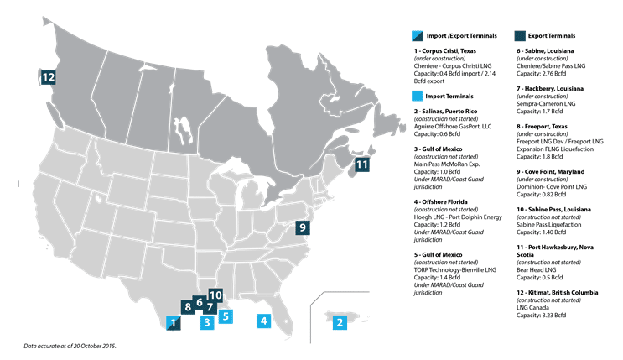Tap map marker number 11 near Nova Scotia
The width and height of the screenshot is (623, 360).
[361, 164]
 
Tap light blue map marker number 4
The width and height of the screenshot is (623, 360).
[263, 320]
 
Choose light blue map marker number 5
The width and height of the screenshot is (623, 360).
[225, 316]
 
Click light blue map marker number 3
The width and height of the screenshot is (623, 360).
[205, 322]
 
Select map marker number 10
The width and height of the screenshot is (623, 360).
[215, 295]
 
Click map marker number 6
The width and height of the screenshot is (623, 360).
[200, 302]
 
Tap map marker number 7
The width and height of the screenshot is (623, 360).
[210, 308]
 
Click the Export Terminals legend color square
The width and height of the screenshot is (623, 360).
[519, 36]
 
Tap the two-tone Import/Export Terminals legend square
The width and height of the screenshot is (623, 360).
[418, 36]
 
